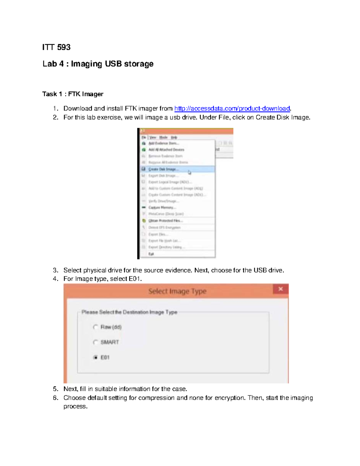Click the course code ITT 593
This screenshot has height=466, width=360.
tap(56, 47)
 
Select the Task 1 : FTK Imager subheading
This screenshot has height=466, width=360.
tap(73, 94)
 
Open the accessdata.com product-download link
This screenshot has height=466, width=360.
tap(232, 108)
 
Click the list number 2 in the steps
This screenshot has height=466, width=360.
tap(55, 117)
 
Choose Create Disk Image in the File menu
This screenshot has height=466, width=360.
tap(163, 169)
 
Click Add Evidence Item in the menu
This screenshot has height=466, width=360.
tap(163, 143)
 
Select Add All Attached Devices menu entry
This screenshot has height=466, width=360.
tap(166, 150)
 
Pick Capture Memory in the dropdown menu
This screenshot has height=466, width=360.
tap(162, 208)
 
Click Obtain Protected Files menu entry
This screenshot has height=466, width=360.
tap(166, 221)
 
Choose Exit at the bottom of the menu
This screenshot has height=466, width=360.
tap(151, 254)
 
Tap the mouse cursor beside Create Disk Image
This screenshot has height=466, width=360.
tap(189, 173)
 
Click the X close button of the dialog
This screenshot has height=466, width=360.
tap(280, 289)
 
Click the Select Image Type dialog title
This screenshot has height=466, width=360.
tap(177, 291)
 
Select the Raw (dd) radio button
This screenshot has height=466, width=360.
tap(95, 327)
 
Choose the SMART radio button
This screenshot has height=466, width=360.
tap(95, 342)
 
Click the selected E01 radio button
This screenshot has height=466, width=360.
tap(95, 357)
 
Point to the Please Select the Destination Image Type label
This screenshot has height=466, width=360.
tap(129, 312)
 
